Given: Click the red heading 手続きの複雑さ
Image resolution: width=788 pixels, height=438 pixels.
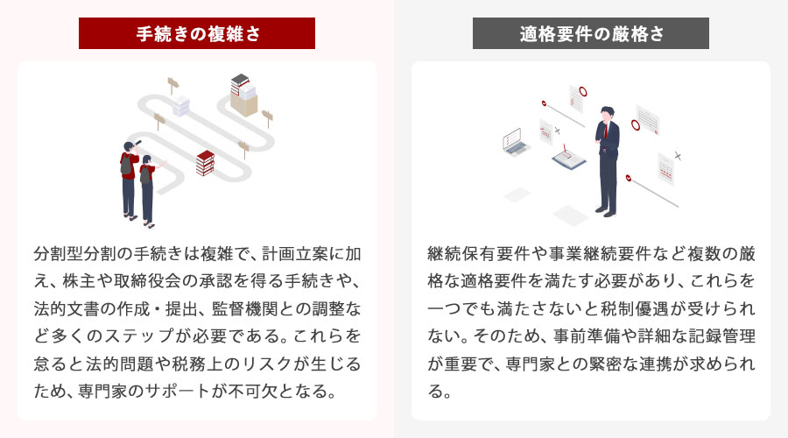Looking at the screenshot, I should (x=197, y=34).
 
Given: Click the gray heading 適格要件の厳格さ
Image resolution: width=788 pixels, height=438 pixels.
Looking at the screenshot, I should (x=591, y=34).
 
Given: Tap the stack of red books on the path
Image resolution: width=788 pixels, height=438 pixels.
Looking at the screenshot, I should (x=206, y=163).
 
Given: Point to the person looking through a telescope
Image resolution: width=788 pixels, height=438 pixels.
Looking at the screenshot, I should (x=128, y=175).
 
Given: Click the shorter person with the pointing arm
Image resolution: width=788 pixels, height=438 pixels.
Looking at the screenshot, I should (x=147, y=188).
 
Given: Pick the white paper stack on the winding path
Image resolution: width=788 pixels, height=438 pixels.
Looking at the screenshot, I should (x=181, y=106).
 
